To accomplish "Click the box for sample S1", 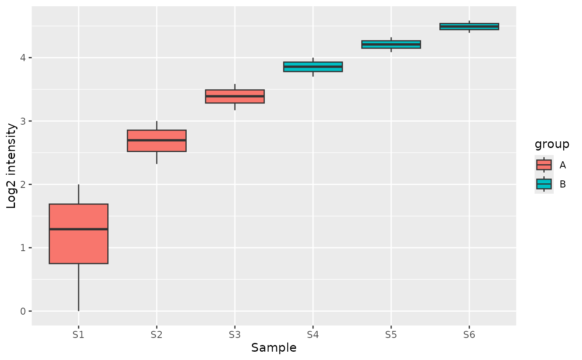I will pos(79,249).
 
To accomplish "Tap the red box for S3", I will pos(235,100).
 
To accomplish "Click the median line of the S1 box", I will pos(79,229).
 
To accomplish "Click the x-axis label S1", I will pos(79,333).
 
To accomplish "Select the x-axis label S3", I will pos(235,333).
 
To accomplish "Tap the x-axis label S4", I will pos(313,333).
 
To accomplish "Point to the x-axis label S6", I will pos(469,333).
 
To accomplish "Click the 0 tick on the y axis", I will pos(24,311).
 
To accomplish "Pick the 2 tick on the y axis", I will pos(24,185).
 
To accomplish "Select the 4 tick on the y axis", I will pos(24,58).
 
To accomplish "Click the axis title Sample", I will pos(274,348).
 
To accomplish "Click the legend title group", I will pos(552,144).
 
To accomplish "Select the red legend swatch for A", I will pos(544,165).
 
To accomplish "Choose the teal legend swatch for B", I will pos(544,184).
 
